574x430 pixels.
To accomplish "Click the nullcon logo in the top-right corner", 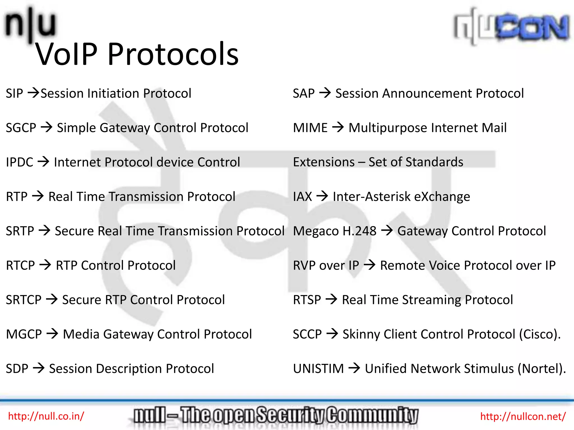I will point(511,27).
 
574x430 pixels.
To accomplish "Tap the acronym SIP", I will point(14,94).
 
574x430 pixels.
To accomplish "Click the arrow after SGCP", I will point(47,128).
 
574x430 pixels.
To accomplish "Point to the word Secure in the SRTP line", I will point(74,231).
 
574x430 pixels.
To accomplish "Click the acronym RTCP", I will point(20,265).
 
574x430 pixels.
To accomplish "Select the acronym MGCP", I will point(24,334).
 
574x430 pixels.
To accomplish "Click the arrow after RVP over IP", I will point(370,265).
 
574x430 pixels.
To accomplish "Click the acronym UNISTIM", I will point(318,369).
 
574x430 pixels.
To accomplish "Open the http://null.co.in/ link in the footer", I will point(46,416).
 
